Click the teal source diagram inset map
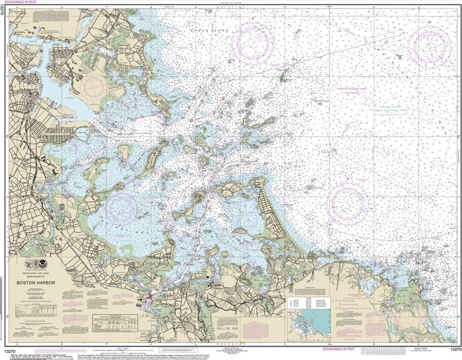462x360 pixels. (309, 319)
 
